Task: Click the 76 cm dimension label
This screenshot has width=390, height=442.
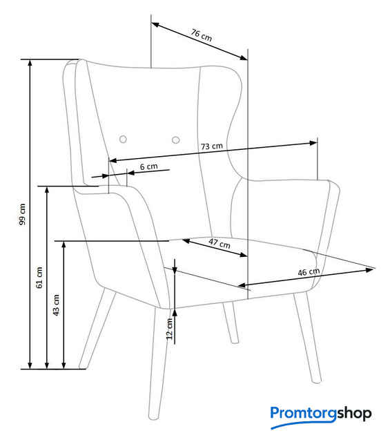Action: point(201,35)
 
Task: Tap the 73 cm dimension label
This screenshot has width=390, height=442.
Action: point(212,146)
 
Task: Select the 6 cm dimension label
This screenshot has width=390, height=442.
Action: point(149,166)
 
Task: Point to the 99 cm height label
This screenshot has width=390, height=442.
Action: point(22,214)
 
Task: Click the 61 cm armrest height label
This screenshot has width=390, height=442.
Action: point(39,278)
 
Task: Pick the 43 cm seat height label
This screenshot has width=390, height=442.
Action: point(56,305)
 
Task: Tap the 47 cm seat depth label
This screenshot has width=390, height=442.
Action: point(220,243)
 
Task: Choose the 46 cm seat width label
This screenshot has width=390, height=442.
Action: point(309,272)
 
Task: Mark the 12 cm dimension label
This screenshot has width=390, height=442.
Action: point(169,329)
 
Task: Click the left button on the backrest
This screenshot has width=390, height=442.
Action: point(123,139)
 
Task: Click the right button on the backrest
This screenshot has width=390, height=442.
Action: point(176,140)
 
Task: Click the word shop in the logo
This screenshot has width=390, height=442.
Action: point(354,414)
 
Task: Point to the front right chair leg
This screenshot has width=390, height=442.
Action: point(307,338)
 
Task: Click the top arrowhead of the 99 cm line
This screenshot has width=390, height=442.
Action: point(30,64)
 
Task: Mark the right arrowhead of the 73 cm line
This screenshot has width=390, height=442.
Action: point(313,143)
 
